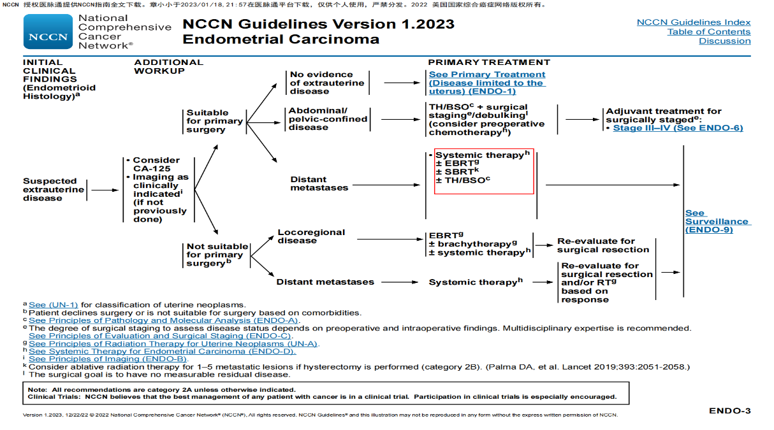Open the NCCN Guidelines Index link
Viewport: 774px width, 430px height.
point(694,22)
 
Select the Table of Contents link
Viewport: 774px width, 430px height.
point(708,32)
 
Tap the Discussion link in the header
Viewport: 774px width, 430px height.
point(724,41)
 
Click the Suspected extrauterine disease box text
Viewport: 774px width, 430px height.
point(54,189)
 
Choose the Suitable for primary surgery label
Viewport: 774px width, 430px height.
point(214,121)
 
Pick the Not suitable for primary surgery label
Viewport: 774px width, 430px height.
point(217,255)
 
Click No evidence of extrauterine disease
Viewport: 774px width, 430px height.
point(327,83)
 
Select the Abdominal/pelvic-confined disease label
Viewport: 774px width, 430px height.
point(328,118)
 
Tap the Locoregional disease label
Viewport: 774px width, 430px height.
point(311,236)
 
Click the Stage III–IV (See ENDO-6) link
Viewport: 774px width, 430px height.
point(678,128)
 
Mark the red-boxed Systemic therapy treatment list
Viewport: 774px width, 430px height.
point(483,171)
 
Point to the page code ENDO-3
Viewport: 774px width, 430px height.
point(729,411)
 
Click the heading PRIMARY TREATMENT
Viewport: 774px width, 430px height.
point(488,62)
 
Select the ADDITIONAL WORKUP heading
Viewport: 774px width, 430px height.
point(168,66)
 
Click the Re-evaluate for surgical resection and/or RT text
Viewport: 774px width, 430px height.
point(606,282)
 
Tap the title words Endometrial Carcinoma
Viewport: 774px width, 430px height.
point(281,39)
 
